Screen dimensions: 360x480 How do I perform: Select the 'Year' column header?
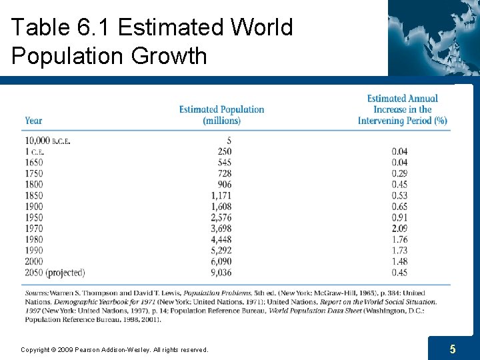pos(33,121)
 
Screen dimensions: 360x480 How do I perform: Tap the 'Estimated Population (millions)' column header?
pos(221,115)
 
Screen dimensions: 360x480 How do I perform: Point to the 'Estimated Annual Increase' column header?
pos(402,109)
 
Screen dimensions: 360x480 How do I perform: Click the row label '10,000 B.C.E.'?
pos(47,141)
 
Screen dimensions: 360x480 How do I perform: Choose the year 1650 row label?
pos(34,163)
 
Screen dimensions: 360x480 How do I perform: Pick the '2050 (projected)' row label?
pos(55,272)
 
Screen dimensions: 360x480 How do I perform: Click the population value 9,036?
pos(221,272)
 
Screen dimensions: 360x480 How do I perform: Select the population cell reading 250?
pos(224,151)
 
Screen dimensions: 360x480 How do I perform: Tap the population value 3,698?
pos(221,229)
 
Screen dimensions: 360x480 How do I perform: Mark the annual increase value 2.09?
pos(399,229)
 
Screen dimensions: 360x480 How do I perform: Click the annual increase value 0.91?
pos(399,217)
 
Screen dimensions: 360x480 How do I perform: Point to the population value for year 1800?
pos(224,185)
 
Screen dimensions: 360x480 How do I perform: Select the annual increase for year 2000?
pos(399,261)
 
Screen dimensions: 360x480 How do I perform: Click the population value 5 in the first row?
pos(229,141)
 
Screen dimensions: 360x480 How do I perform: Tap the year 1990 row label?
pos(34,250)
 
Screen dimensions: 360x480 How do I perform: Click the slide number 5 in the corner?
pos(453,349)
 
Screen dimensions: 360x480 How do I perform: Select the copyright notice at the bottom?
pos(114,349)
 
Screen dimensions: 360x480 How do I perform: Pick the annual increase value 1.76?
pos(399,239)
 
